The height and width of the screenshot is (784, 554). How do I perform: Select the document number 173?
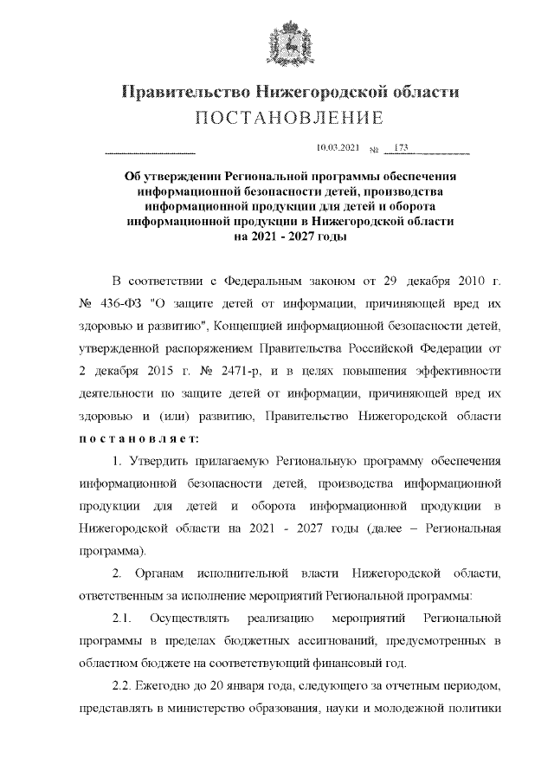(401, 148)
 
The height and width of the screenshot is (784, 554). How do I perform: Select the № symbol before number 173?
(374, 149)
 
